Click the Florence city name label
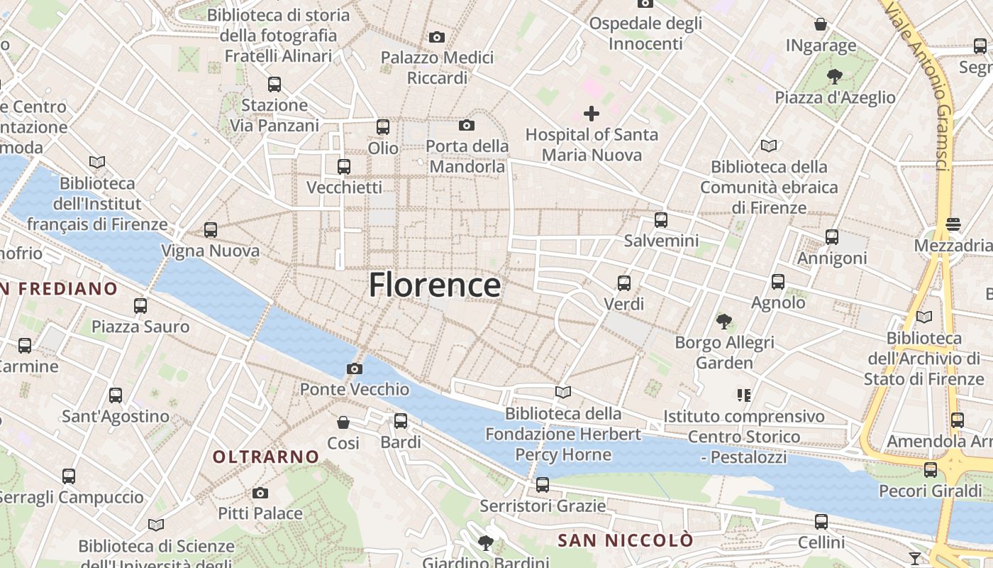[434, 285]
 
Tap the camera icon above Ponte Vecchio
[355, 368]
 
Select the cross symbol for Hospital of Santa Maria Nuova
[591, 113]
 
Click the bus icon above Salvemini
[661, 220]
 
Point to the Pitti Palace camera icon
[260, 493]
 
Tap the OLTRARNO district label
[266, 457]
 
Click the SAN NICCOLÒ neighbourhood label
[625, 540]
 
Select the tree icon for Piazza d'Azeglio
[835, 76]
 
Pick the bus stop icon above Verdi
[624, 283]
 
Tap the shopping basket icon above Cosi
[343, 422]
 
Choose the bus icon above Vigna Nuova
[211, 230]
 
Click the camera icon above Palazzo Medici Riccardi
[437, 37]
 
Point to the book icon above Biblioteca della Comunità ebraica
[769, 146]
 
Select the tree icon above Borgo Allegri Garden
[723, 322]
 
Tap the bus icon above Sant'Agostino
[116, 395]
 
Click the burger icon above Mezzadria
[953, 224]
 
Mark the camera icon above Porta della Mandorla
[467, 126]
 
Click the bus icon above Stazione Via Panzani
[274, 84]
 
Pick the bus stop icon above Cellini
[821, 522]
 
